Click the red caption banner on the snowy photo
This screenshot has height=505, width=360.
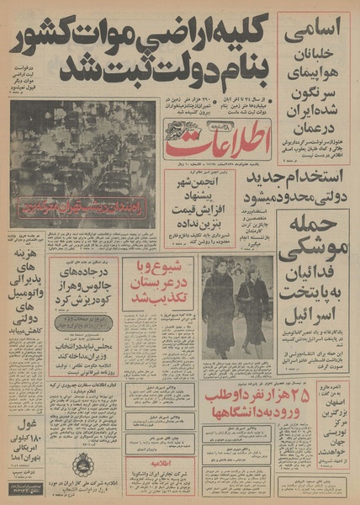(x=83, y=205)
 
